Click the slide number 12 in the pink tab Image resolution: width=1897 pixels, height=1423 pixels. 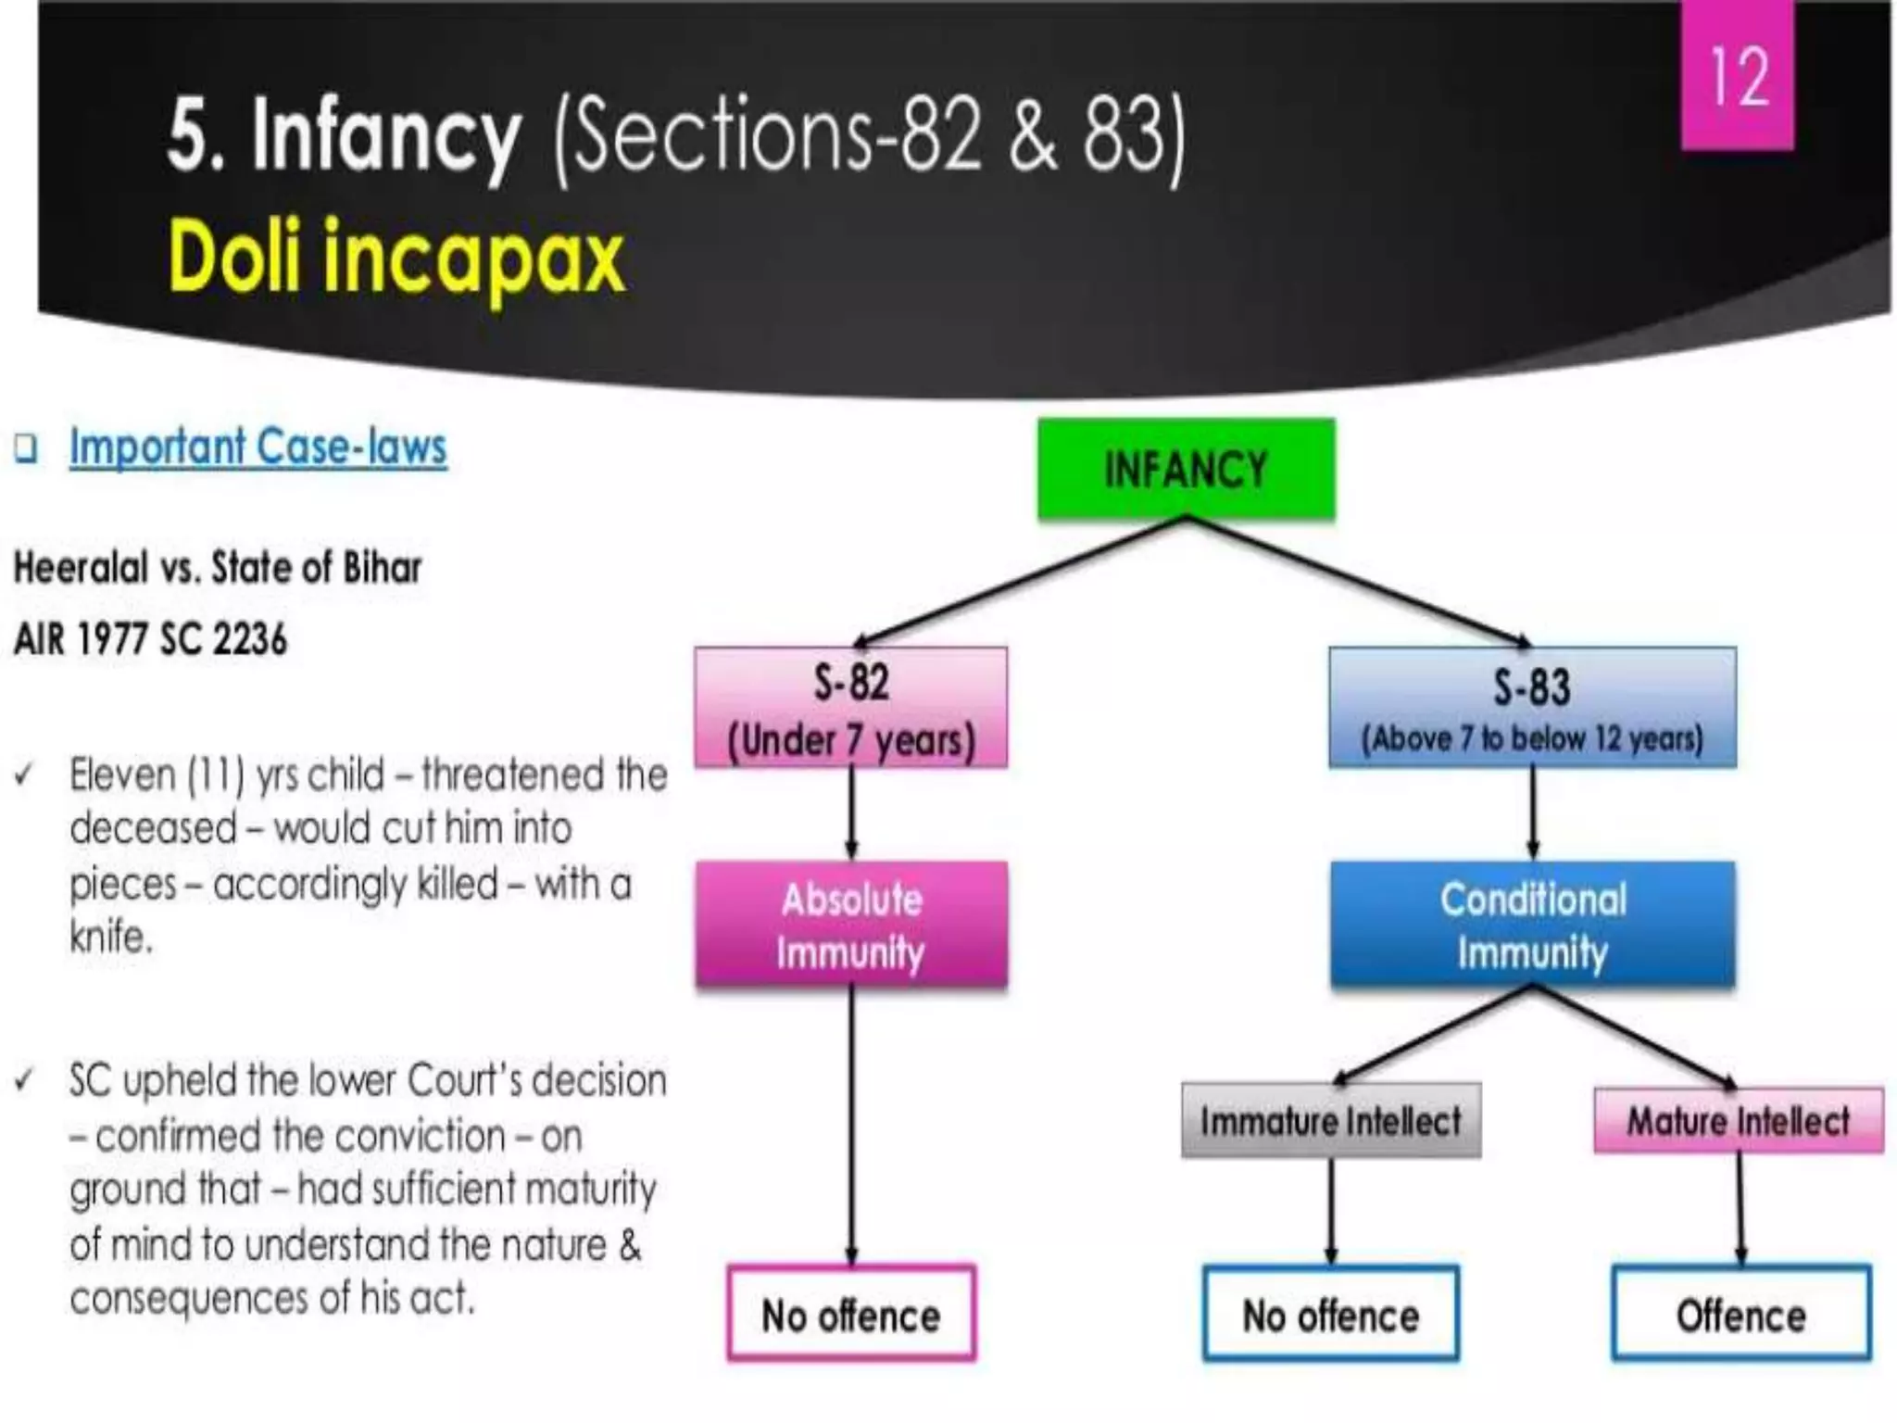point(1739,76)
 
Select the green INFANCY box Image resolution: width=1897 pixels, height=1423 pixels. point(1186,469)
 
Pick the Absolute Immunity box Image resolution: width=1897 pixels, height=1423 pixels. point(851,925)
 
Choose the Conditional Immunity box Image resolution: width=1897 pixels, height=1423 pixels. point(1532,925)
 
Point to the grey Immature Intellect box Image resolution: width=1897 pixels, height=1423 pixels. point(1331,1121)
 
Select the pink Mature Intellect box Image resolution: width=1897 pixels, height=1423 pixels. point(1739,1121)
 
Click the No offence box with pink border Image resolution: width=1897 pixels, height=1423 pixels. point(851,1315)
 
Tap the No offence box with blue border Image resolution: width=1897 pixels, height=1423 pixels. point(1331,1315)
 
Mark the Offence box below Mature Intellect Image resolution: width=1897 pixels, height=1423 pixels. point(1741,1315)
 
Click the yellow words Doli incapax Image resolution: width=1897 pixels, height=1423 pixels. point(396,258)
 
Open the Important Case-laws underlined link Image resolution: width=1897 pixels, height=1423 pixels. point(258,447)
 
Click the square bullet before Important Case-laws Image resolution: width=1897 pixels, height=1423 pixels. point(27,449)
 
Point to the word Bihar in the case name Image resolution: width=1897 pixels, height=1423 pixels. point(382,568)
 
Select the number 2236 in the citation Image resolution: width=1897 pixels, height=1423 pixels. point(250,639)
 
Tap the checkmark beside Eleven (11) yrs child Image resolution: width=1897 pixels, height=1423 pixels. point(25,774)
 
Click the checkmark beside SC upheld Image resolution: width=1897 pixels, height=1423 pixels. point(25,1080)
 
